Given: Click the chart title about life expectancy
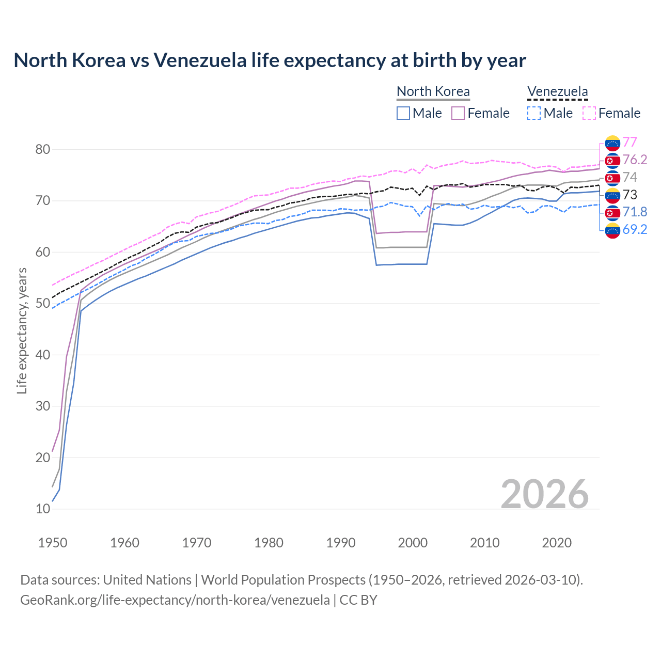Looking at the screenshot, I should (x=270, y=60).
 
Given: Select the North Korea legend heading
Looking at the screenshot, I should (x=433, y=91).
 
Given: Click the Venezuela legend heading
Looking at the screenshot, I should (x=557, y=91).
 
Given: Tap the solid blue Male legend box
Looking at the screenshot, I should (x=403, y=113).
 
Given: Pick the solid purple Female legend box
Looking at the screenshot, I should (x=458, y=113).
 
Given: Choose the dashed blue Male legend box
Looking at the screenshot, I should (x=534, y=113).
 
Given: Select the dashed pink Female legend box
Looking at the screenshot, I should (x=589, y=113).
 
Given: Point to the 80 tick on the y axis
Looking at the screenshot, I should (x=43, y=150).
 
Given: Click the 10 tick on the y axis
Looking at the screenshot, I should (x=43, y=509).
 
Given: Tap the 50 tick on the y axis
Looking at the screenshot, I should (x=43, y=304).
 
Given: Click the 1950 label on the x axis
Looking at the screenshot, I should (x=53, y=543).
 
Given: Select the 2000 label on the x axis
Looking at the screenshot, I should (x=413, y=543).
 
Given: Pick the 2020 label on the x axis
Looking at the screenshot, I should (x=557, y=543).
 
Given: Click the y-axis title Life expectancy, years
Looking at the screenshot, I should (x=22, y=330).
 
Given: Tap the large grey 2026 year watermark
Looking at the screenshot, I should (x=544, y=494).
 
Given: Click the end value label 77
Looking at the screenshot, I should (x=629, y=142).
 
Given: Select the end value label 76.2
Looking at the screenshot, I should (x=635, y=160).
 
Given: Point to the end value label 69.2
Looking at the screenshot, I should (x=635, y=229).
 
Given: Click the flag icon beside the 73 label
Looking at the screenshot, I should (x=612, y=195).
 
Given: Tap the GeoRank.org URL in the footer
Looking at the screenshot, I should (x=175, y=600).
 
